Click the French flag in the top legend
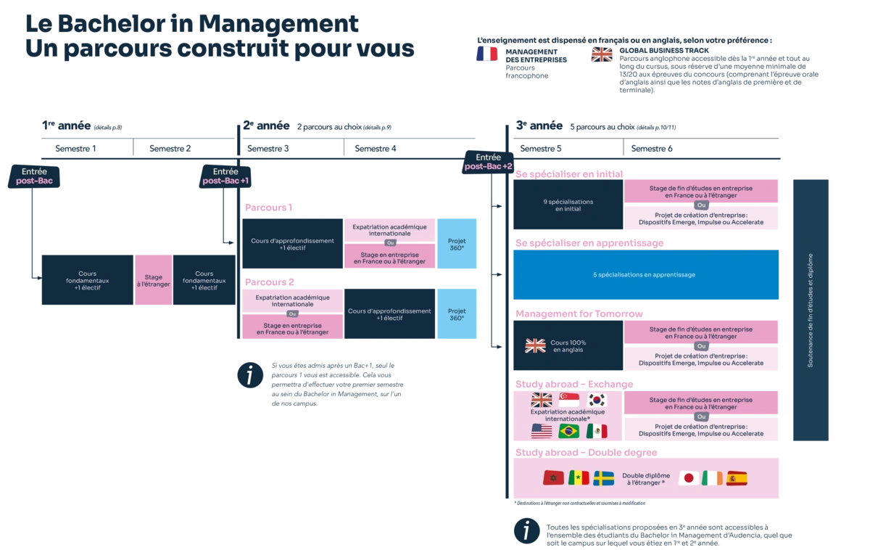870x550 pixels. [x=487, y=54]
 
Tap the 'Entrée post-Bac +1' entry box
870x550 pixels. [x=225, y=176]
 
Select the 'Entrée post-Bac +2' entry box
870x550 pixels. [x=489, y=162]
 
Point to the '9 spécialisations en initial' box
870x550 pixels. [x=568, y=205]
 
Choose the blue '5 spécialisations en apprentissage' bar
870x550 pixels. [x=645, y=275]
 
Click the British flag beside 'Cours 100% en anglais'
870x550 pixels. [x=535, y=346]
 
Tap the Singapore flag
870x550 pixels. [x=569, y=400]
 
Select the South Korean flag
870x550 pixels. [x=596, y=400]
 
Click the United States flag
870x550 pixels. [x=542, y=432]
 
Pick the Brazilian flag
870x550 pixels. [x=568, y=432]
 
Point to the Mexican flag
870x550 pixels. [x=596, y=432]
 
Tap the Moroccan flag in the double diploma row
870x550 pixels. [x=553, y=478]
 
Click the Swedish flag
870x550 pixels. [x=603, y=478]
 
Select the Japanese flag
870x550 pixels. [x=689, y=478]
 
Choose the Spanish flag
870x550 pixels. [x=737, y=478]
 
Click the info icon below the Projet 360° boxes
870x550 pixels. [x=250, y=375]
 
